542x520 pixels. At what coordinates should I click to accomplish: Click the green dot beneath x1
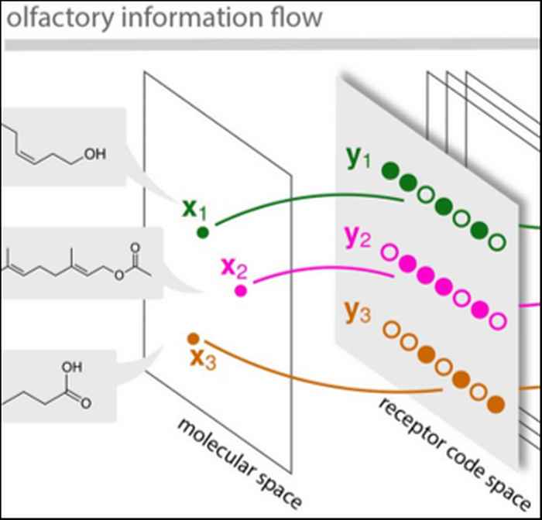tap(203, 231)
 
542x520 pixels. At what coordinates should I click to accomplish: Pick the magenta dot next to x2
tap(241, 290)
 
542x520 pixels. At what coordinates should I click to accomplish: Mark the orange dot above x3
tap(194, 338)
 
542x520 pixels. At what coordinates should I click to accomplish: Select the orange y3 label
tap(358, 312)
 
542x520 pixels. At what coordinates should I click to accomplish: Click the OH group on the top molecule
tap(94, 154)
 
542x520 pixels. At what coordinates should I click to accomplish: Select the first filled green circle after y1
tap(392, 171)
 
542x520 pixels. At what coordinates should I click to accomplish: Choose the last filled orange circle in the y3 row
tap(496, 403)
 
